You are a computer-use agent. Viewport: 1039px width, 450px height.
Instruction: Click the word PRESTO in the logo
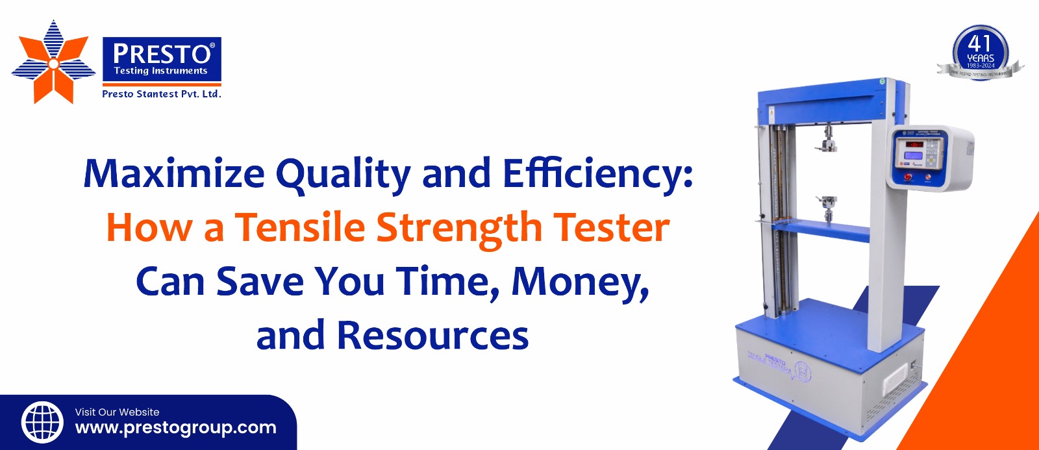pyautogui.click(x=162, y=53)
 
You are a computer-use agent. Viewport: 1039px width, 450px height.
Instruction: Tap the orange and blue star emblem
pyautogui.click(x=53, y=62)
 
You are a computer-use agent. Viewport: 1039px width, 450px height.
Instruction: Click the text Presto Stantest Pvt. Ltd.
pyautogui.click(x=162, y=94)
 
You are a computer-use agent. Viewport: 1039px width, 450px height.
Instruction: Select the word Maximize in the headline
pyautogui.click(x=174, y=174)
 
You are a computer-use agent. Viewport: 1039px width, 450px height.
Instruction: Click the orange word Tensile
pyautogui.click(x=301, y=228)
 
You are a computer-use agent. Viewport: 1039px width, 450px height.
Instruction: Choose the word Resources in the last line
pyautogui.click(x=432, y=336)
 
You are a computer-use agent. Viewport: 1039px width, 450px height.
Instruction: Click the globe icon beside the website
pyautogui.click(x=42, y=422)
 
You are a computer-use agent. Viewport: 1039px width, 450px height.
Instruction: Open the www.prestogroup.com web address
pyautogui.click(x=176, y=428)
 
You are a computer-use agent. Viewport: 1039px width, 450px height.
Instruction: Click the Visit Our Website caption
pyautogui.click(x=117, y=412)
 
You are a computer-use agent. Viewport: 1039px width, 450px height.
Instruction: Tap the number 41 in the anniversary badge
pyautogui.click(x=979, y=44)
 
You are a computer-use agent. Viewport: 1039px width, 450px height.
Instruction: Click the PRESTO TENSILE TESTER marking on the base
pyautogui.click(x=769, y=361)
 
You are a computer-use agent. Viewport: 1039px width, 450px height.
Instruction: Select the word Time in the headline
pyautogui.click(x=448, y=282)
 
